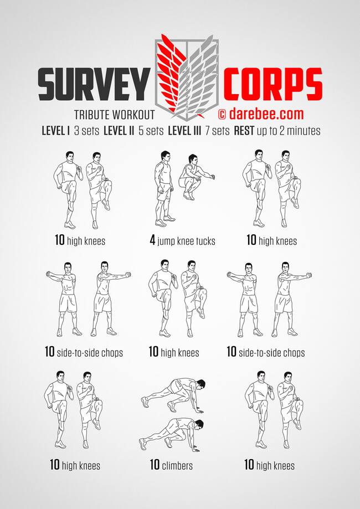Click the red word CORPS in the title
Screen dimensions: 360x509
272,84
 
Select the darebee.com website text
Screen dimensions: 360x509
266,114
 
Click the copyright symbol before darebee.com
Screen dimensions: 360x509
222,114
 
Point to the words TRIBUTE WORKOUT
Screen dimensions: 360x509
114,115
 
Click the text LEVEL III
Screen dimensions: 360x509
184,131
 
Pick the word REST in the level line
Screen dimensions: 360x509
244,131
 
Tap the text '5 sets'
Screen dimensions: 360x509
151,131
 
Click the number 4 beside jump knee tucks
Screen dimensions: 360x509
152,240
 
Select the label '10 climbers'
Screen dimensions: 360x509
171,465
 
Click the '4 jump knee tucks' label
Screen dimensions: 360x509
182,241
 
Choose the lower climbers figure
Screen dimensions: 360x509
171,435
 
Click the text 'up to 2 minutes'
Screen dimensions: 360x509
289,131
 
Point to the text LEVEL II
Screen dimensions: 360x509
119,131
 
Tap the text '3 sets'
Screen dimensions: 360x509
86,131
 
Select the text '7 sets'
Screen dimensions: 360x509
217,131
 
